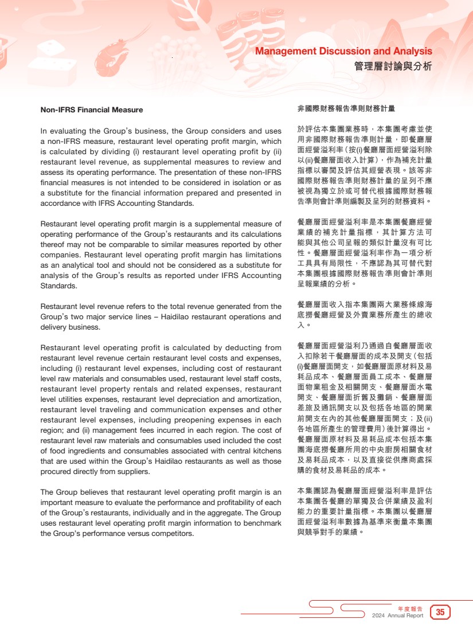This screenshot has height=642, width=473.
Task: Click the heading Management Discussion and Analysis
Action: click(x=343, y=52)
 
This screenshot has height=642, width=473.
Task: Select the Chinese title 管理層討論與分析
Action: click(x=393, y=66)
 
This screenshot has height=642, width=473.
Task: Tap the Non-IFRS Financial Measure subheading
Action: click(x=92, y=109)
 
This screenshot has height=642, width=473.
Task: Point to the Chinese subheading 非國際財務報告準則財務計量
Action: click(x=346, y=108)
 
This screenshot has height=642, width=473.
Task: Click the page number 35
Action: click(x=440, y=612)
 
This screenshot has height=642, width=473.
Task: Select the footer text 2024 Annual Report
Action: click(x=397, y=616)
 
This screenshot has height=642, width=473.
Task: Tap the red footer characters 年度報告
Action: click(x=410, y=608)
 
